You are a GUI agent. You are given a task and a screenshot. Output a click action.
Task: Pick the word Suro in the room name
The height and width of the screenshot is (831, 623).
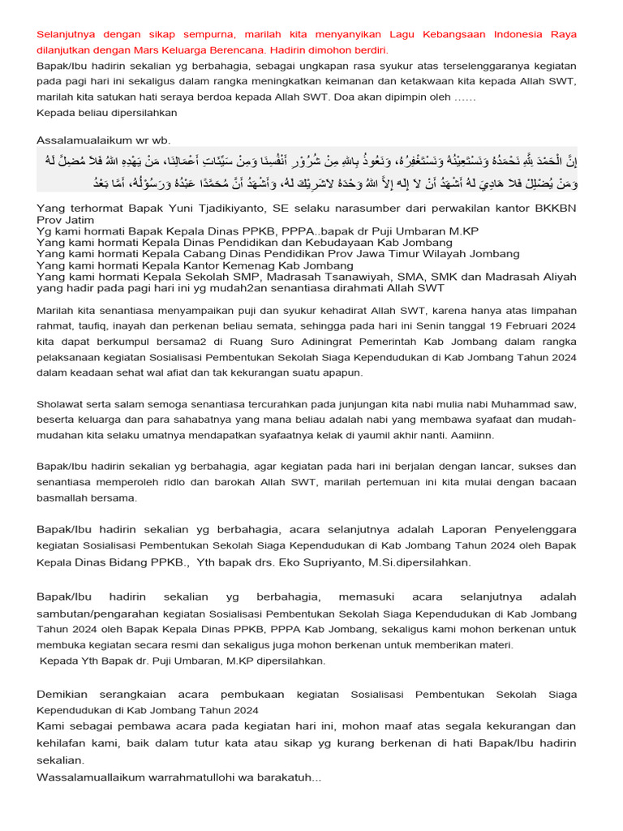253,342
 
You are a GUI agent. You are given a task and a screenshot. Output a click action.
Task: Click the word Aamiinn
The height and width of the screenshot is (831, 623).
478,435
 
